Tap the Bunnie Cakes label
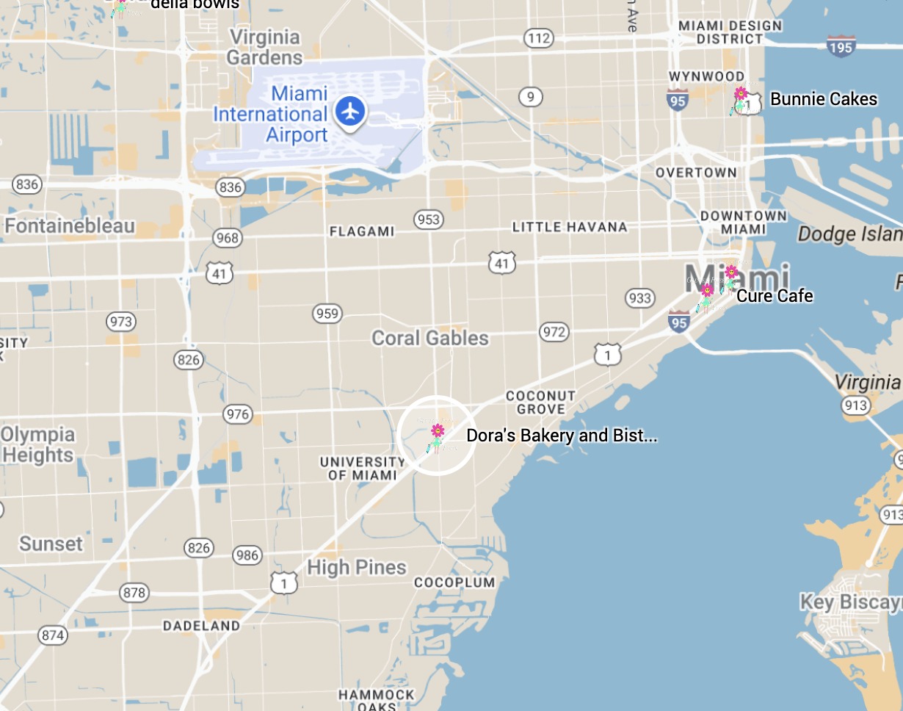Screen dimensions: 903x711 (823, 99)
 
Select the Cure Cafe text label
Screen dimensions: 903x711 (775, 296)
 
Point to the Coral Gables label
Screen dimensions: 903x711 (430, 338)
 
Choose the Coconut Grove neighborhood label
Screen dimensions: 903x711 (540, 403)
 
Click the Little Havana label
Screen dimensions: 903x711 (569, 227)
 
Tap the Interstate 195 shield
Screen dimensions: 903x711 (841, 46)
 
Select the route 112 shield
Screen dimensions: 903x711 (538, 37)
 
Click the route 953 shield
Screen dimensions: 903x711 (428, 219)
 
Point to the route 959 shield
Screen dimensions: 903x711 (327, 314)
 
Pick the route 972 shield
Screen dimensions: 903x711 (554, 332)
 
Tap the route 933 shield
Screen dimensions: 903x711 (640, 297)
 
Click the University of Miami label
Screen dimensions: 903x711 (363, 468)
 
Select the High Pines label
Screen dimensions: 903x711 (357, 567)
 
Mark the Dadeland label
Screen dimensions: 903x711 (201, 626)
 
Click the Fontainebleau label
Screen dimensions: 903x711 (70, 225)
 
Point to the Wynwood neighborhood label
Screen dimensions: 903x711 (706, 76)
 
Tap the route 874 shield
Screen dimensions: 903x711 (53, 635)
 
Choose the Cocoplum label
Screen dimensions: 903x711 (454, 582)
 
